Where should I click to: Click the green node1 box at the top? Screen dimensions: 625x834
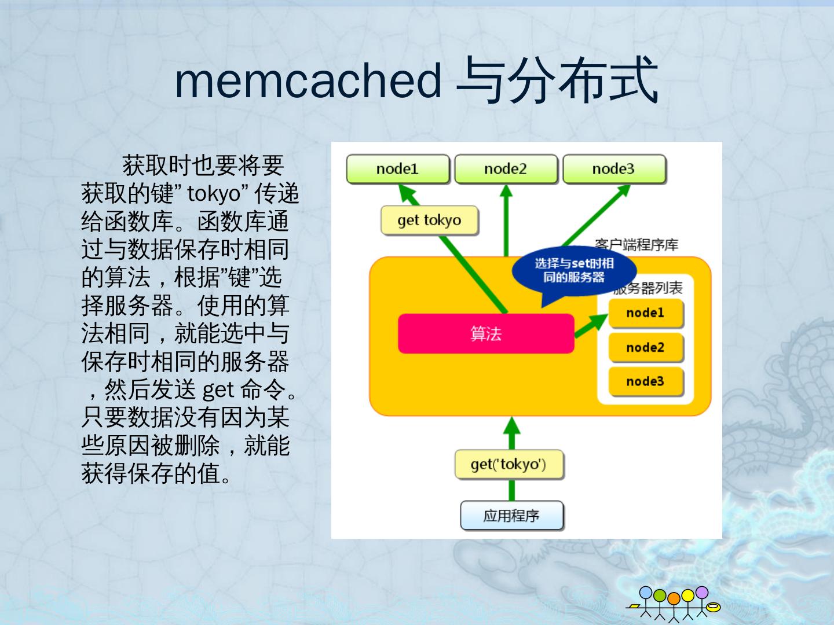pos(397,169)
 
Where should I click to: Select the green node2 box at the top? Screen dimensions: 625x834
pos(506,169)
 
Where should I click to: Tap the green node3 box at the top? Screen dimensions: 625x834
pos(613,169)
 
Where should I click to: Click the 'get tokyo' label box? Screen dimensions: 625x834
pos(429,220)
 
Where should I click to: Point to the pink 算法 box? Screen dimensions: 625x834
pos(485,333)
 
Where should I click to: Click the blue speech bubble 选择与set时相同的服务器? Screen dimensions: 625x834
pos(573,271)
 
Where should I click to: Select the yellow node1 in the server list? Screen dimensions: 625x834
pos(645,313)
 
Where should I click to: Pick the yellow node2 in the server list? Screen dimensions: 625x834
pos(645,347)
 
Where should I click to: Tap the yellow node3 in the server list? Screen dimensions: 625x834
pos(645,381)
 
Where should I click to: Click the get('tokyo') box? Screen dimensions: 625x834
pos(509,465)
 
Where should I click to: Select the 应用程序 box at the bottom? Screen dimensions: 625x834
pos(511,516)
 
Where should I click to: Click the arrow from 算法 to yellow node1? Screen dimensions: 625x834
pos(591,326)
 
